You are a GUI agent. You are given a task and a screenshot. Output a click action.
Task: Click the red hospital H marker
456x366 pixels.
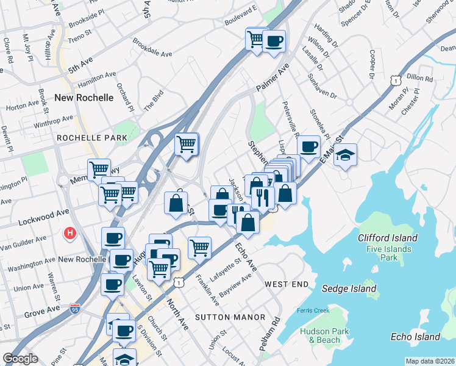click(x=71, y=233)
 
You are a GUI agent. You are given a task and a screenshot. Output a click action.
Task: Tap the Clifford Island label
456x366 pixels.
click(x=387, y=238)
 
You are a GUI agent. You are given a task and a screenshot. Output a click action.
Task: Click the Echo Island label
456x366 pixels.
click(x=415, y=337)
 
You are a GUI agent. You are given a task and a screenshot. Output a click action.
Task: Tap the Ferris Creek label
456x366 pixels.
click(x=313, y=310)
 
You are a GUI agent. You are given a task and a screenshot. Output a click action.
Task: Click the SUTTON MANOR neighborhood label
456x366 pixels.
click(x=230, y=317)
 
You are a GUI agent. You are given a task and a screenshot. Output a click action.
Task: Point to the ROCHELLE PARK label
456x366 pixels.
click(x=92, y=138)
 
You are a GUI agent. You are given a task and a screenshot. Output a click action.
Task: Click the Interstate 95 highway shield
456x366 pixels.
click(x=75, y=310)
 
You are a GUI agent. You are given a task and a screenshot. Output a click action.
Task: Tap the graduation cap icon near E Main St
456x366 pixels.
click(x=345, y=155)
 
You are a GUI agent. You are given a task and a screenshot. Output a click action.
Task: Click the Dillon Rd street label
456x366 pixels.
click(x=419, y=78)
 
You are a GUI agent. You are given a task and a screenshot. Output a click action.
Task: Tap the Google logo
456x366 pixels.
click(x=20, y=359)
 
